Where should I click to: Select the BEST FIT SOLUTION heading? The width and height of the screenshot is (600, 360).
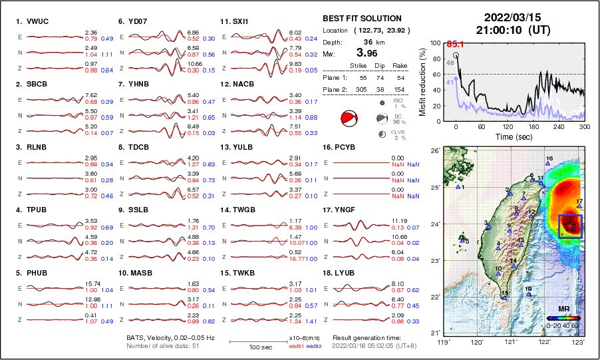362,19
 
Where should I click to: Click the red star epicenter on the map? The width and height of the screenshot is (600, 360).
570,226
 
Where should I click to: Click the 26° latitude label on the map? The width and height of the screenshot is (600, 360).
434,151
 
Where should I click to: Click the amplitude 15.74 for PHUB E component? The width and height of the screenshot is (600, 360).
91,283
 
